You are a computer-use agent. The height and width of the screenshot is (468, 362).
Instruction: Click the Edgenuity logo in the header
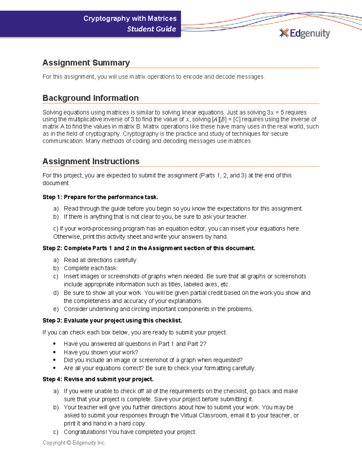(305, 33)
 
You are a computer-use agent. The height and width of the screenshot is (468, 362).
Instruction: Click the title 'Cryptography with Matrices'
(130, 19)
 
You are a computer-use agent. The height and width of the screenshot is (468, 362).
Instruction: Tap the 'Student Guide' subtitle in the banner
(151, 29)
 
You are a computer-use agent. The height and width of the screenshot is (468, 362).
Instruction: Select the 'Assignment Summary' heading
(86, 63)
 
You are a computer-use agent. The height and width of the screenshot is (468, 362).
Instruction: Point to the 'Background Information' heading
(91, 98)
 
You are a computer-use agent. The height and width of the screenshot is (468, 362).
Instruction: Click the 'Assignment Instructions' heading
(91, 161)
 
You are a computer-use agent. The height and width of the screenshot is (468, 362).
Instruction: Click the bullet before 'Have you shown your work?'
(54, 352)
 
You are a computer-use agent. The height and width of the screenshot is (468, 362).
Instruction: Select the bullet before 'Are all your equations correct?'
(54, 368)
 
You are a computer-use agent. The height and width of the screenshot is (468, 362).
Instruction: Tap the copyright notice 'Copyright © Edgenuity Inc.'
(74, 443)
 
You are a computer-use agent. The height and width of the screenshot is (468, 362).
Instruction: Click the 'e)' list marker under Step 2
(56, 309)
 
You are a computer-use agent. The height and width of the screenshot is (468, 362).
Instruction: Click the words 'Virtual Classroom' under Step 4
(204, 415)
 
